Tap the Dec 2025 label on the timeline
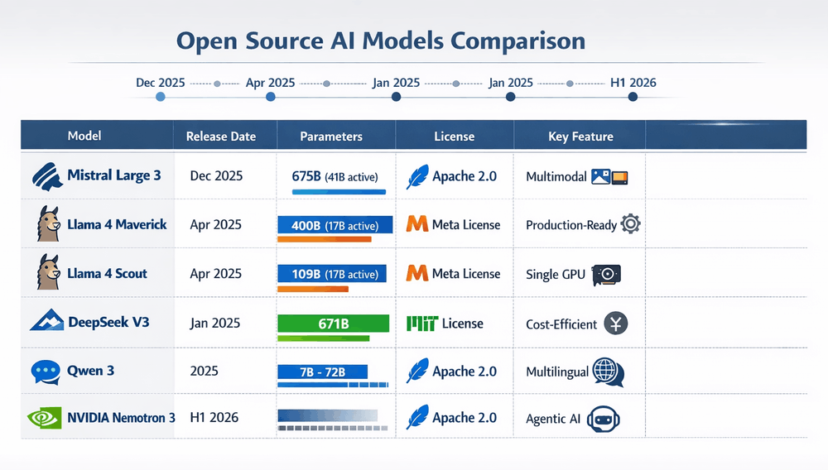click(x=160, y=83)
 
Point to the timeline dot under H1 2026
click(x=633, y=97)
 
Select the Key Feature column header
click(x=580, y=137)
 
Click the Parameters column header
click(x=331, y=137)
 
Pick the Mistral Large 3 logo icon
click(x=46, y=176)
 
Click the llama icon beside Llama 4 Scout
click(x=47, y=272)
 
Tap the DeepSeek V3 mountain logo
click(x=46, y=321)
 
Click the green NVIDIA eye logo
click(x=45, y=418)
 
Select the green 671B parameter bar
click(x=333, y=323)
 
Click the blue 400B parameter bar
click(x=335, y=224)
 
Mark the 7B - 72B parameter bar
click(x=323, y=372)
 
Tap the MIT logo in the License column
click(x=422, y=324)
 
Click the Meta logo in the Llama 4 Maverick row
click(x=418, y=224)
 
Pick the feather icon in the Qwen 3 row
click(x=418, y=370)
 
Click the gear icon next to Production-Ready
click(x=630, y=223)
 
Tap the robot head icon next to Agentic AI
click(x=604, y=419)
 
